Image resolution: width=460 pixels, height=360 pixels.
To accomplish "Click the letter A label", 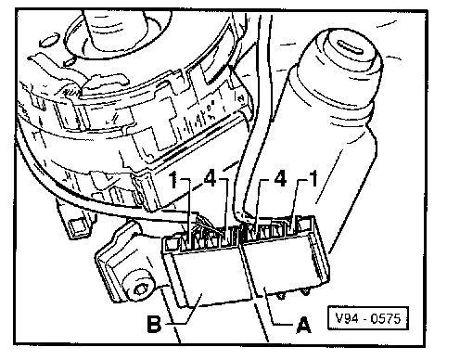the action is pos(303,325).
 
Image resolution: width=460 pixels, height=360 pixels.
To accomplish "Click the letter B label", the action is pos(154,324).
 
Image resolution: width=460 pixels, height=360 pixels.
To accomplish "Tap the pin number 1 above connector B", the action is pos(174,179).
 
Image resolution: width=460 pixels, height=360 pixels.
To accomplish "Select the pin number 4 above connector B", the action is pos(210,178).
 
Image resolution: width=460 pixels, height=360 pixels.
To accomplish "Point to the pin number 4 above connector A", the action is pos(280,179).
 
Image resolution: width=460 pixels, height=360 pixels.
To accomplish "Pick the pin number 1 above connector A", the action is pos(313,178).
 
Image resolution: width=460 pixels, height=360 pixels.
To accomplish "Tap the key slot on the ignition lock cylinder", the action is pos(351,46).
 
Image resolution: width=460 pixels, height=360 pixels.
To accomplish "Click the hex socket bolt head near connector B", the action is pos(141,289).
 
